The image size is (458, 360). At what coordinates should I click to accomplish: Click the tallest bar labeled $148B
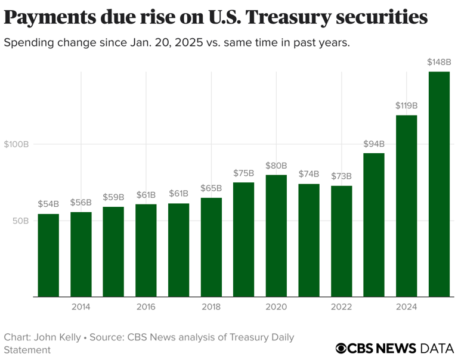(439, 184)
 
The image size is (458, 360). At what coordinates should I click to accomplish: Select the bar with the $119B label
(406, 206)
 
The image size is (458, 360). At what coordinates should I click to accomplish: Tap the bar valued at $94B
(374, 225)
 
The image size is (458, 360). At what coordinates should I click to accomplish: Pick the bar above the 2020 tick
(276, 235)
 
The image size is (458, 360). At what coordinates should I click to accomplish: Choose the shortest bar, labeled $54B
(48, 255)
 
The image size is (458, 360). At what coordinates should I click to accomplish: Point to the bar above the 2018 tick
(211, 247)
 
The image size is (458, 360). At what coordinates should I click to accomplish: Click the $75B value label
(243, 173)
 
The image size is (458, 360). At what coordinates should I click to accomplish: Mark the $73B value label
(341, 176)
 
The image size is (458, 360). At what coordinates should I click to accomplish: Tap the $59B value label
(113, 197)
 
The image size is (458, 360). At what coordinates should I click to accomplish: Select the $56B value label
(81, 203)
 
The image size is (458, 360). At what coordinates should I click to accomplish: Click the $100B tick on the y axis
(16, 144)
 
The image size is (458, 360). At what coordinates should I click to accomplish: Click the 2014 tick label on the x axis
(81, 307)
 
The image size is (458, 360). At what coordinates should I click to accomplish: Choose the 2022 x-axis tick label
(341, 307)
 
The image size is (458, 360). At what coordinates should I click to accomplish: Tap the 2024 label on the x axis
(406, 307)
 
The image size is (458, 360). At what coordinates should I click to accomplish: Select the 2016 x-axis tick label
(146, 307)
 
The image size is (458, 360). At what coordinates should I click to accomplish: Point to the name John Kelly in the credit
(56, 337)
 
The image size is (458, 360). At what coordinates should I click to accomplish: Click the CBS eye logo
(341, 348)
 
